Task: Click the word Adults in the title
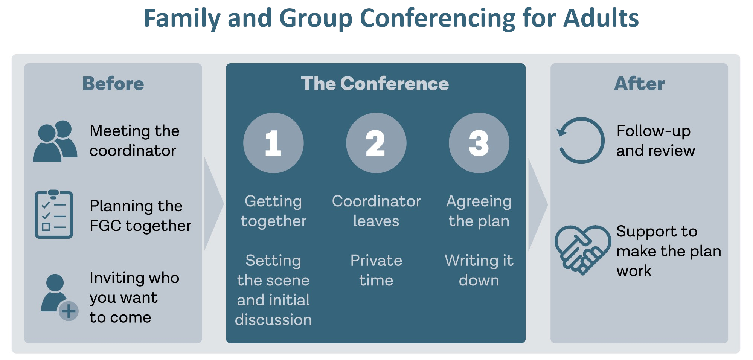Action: pyautogui.click(x=601, y=18)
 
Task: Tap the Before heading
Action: pyautogui.click(x=113, y=84)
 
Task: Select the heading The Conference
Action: pyautogui.click(x=375, y=84)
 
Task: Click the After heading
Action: pyautogui.click(x=639, y=84)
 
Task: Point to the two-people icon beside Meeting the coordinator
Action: pyautogui.click(x=55, y=141)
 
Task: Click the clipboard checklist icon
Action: pyautogui.click(x=54, y=214)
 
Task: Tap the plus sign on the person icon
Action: pyautogui.click(x=69, y=311)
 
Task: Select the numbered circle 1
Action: pyautogui.click(x=273, y=143)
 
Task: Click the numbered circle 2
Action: pyautogui.click(x=376, y=143)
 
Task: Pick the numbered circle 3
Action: pyautogui.click(x=479, y=143)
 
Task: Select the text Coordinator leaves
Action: pyautogui.click(x=376, y=211)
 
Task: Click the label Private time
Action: pyautogui.click(x=376, y=270)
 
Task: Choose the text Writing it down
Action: pyautogui.click(x=479, y=270)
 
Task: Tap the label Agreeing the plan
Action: pyautogui.click(x=479, y=211)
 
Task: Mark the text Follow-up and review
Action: pyautogui.click(x=655, y=141)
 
